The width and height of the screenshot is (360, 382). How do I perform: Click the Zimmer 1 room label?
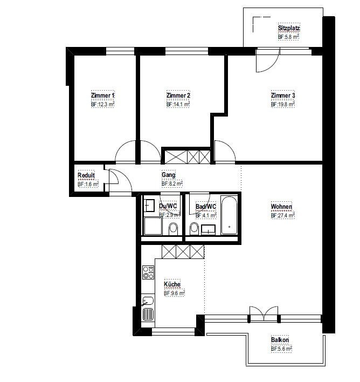[x=102, y=95]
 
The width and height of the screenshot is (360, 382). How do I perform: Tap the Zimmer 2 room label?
[x=178, y=95]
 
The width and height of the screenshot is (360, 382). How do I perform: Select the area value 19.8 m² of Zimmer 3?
[x=283, y=104]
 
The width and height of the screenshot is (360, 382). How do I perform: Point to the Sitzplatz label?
[x=289, y=28]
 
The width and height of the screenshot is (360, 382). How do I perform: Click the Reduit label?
[x=86, y=175]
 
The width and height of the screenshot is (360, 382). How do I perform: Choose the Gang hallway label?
[x=169, y=175]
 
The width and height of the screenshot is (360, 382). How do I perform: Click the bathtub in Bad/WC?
[x=229, y=215]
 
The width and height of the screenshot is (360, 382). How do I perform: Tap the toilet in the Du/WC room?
[x=174, y=229]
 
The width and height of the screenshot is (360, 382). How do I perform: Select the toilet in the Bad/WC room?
[x=194, y=229]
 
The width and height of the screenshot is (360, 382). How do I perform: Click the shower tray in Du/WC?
[x=153, y=226]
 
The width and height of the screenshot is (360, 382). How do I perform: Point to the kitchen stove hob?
[x=148, y=272]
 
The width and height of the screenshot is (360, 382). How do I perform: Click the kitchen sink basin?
[x=148, y=301]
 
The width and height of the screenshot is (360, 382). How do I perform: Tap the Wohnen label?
[x=282, y=206]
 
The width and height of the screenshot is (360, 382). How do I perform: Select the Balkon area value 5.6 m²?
[x=282, y=349]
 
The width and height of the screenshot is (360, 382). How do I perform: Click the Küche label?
[x=172, y=284]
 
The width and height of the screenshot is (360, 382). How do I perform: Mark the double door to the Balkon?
[x=264, y=314]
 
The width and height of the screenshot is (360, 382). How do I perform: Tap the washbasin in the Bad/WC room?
[x=209, y=230]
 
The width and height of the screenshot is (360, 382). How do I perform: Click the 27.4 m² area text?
[x=283, y=215]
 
